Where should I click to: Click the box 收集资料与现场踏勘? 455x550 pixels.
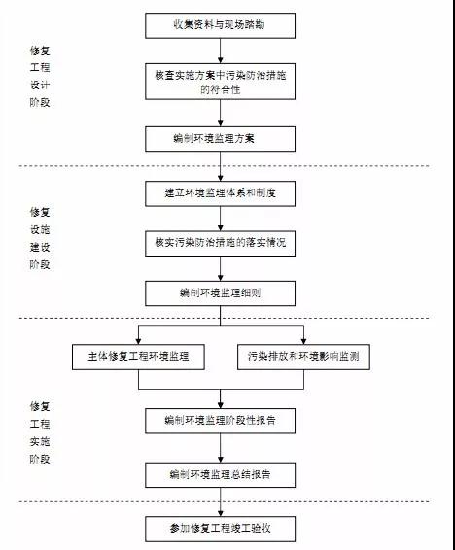pos(220,25)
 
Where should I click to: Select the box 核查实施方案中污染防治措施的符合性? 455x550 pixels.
pos(220,82)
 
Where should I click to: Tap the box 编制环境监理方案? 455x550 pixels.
pos(220,139)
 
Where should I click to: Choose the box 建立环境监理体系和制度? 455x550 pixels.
pos(220,193)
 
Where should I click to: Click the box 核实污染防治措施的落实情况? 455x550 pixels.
pos(220,243)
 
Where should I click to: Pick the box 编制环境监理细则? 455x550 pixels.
pos(220,293)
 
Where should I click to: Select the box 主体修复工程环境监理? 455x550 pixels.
pos(138,357)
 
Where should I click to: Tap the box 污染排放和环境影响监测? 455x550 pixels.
pos(303,357)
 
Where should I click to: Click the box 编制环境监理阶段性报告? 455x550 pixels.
pos(220,421)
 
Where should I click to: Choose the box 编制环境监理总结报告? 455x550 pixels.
pos(220,475)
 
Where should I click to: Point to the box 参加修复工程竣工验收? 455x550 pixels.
pos(220,529)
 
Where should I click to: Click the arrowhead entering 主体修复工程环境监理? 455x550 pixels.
pos(138,341)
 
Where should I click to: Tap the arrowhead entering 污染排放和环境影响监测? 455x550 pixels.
pos(303,341)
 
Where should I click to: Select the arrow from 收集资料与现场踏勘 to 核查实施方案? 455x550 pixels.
pos(221,51)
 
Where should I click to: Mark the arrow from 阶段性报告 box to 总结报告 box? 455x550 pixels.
pos(221,448)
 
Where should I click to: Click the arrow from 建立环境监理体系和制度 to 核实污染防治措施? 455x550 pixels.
pos(221,219)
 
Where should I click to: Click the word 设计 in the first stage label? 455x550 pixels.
pos(40,85)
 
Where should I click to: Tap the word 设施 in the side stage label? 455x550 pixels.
pos(40,229)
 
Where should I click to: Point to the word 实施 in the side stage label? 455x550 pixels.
pos(40,441)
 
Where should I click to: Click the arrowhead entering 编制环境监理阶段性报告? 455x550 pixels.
pos(221,405)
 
